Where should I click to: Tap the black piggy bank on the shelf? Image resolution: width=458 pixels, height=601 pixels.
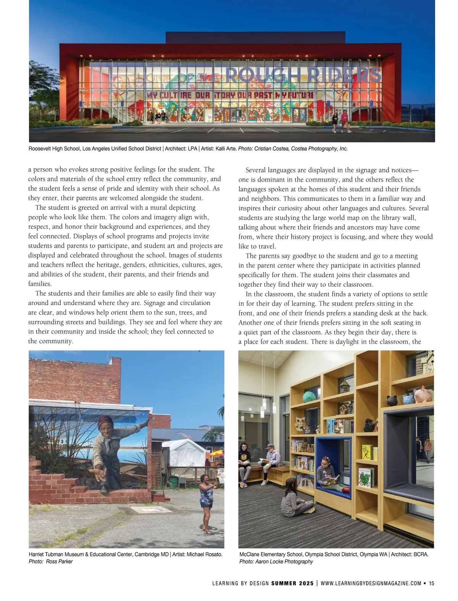391,400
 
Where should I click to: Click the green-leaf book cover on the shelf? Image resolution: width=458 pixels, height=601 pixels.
366,477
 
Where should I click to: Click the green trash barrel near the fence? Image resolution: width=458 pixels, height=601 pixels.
174,482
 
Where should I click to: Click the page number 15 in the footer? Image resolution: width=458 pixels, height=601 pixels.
431,583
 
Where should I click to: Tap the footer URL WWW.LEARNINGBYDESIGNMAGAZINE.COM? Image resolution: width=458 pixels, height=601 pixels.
371,583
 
